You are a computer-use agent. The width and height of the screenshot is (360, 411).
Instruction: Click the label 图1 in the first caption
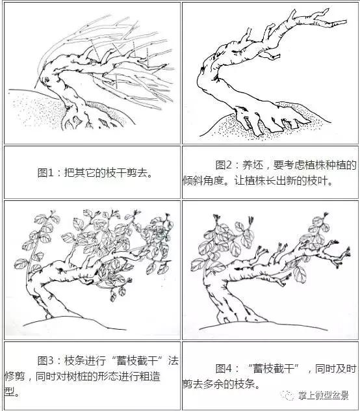[x=46, y=173]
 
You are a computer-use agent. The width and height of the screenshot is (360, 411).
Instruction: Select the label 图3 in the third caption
[x=47, y=360]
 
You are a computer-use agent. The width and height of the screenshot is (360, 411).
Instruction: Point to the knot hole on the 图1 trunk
[x=45, y=79]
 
